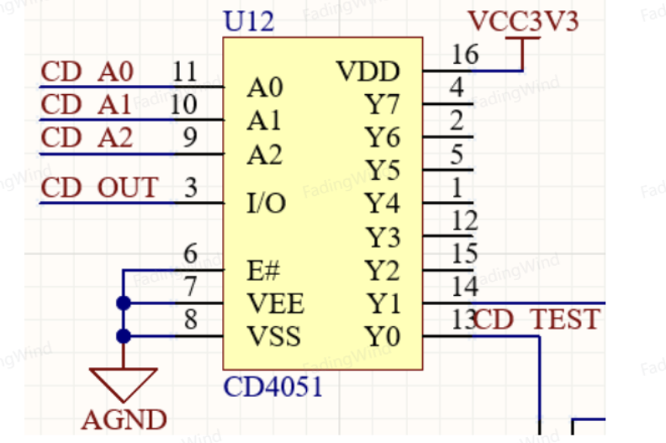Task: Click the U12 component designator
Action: (x=248, y=21)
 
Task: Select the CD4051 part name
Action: (x=272, y=387)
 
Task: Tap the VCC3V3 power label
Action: (x=523, y=21)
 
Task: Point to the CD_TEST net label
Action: (x=536, y=319)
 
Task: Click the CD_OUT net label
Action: (x=99, y=187)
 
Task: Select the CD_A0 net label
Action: (x=87, y=71)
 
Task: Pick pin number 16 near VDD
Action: (x=465, y=55)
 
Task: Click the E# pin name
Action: (x=263, y=271)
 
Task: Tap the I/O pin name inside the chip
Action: (x=267, y=203)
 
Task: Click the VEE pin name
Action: (x=276, y=303)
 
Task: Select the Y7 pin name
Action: (x=383, y=104)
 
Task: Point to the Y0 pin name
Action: (x=383, y=336)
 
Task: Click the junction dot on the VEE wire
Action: (x=123, y=303)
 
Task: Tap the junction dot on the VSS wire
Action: (x=123, y=336)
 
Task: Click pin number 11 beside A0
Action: (x=185, y=71)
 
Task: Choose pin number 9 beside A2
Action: (x=190, y=137)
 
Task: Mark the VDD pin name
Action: (x=368, y=71)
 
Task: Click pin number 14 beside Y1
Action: (x=465, y=287)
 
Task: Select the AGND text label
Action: (x=124, y=420)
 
